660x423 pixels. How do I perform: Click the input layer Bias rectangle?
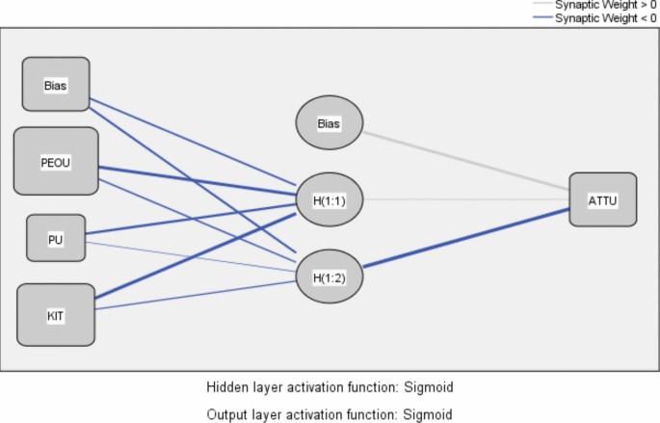(x=56, y=84)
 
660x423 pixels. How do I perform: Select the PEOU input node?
(x=56, y=161)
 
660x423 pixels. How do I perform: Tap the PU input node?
(x=56, y=239)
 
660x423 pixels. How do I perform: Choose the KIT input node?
(x=56, y=315)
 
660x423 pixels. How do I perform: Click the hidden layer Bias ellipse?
(x=329, y=122)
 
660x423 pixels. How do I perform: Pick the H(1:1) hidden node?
(x=329, y=199)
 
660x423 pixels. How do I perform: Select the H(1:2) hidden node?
(x=329, y=277)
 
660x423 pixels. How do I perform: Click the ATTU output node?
(x=602, y=199)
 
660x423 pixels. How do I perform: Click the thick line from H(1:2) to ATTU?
(x=462, y=240)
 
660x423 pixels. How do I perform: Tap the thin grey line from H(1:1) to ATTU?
(x=462, y=199)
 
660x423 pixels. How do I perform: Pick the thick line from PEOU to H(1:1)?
(x=193, y=180)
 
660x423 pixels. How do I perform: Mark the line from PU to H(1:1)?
(x=193, y=219)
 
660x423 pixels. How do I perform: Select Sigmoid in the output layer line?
(x=429, y=414)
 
